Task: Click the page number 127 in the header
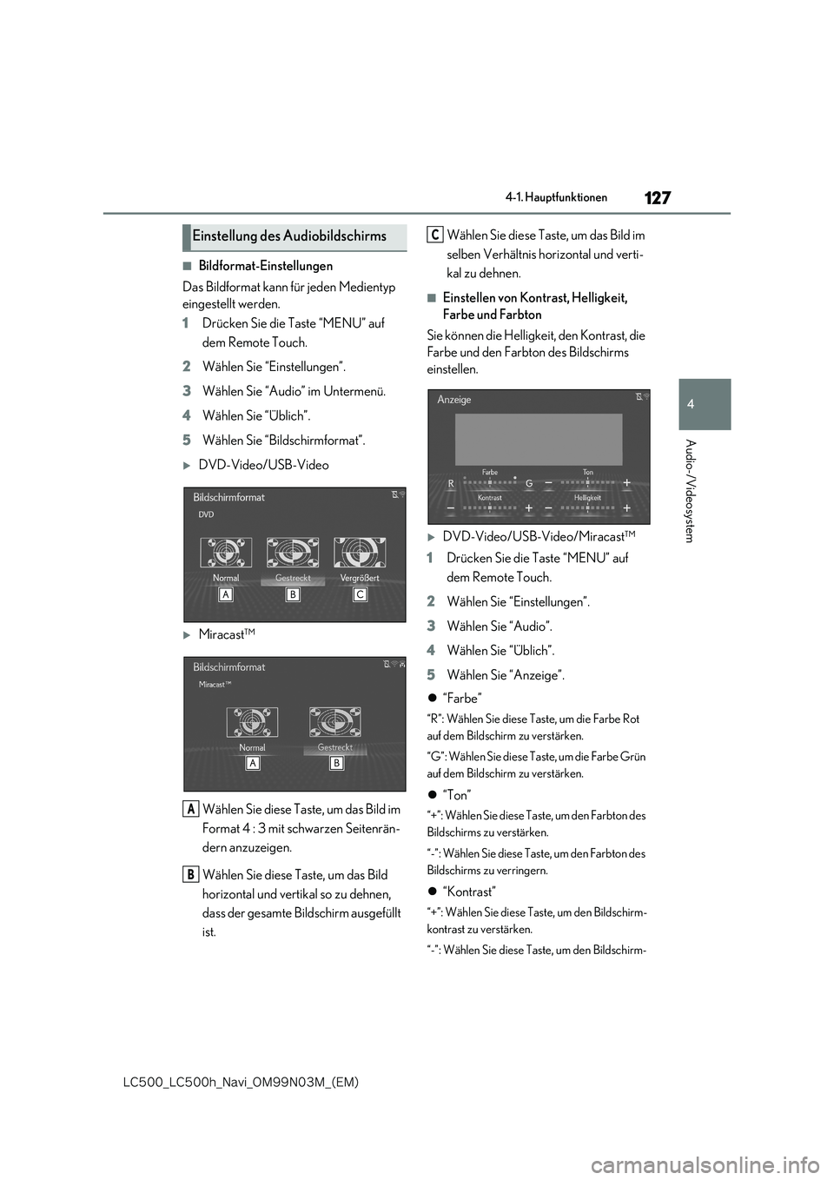pyautogui.click(x=658, y=198)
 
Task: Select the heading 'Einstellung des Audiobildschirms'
pyautogui.click(x=289, y=236)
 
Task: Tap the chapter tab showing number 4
pyautogui.click(x=705, y=404)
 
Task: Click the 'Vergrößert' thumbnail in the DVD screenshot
pyautogui.click(x=360, y=553)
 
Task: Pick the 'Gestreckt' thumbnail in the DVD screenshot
pyautogui.click(x=293, y=553)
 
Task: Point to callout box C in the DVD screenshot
pyautogui.click(x=360, y=594)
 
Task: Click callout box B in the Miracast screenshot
pyautogui.click(x=335, y=763)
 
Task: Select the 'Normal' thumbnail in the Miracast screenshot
pyautogui.click(x=252, y=722)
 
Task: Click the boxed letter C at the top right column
pyautogui.click(x=435, y=235)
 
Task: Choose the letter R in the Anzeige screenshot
pyautogui.click(x=451, y=482)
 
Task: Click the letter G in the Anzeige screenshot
pyautogui.click(x=528, y=482)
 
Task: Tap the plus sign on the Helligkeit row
pyautogui.click(x=626, y=507)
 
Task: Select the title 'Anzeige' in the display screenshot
pyautogui.click(x=454, y=400)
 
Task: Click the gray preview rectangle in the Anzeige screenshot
pyautogui.click(x=539, y=440)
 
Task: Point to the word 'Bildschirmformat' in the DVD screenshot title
pyautogui.click(x=228, y=498)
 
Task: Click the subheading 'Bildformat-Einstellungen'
pyautogui.click(x=265, y=266)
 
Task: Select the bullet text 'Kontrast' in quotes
pyautogui.click(x=469, y=892)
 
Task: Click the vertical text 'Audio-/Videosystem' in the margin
pyautogui.click(x=690, y=491)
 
